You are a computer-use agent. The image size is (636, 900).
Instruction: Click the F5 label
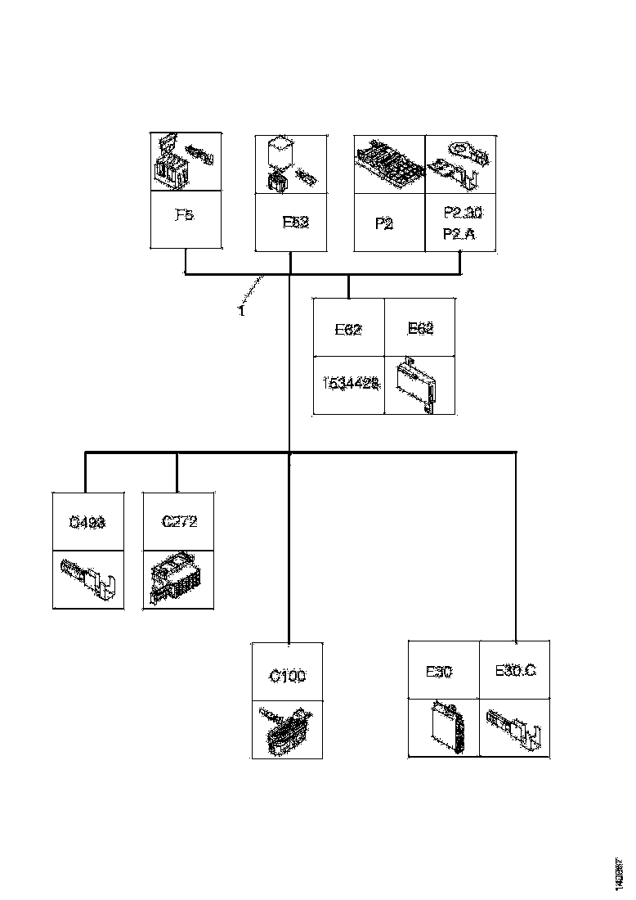(x=186, y=217)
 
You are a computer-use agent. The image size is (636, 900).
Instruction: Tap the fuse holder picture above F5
(x=186, y=163)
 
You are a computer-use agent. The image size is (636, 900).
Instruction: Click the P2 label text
(x=384, y=222)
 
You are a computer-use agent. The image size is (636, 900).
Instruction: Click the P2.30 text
(x=463, y=213)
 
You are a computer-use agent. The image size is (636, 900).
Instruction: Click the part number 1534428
(x=349, y=385)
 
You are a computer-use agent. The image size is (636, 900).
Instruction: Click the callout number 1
(x=242, y=311)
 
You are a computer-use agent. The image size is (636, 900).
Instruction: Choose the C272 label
(x=179, y=521)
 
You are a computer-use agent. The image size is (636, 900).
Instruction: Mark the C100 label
(x=288, y=677)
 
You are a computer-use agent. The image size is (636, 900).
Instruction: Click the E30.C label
(x=515, y=671)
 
